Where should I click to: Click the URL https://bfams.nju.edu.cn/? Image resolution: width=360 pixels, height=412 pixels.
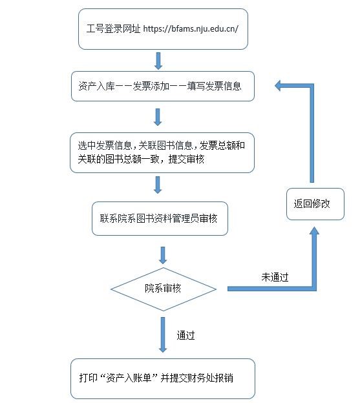[191, 28]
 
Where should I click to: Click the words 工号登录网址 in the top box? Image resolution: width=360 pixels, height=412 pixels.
[113, 28]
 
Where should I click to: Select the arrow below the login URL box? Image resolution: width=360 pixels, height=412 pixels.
[158, 61]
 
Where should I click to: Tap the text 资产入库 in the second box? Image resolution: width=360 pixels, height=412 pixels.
[96, 86]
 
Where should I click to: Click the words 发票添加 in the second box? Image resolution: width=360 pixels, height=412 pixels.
[151, 86]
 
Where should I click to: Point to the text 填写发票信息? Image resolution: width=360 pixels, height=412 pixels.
[214, 86]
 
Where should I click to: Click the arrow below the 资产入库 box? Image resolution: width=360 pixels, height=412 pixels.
[158, 117]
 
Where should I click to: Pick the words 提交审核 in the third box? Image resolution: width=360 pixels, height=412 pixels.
[186, 159]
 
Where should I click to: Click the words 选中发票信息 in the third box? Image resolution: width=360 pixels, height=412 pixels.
[105, 145]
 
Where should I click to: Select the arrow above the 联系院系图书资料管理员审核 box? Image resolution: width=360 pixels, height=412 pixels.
[158, 185]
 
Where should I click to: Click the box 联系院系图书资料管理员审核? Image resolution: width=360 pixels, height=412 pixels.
[160, 219]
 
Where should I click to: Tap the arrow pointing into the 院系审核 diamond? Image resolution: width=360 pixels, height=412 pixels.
[163, 255]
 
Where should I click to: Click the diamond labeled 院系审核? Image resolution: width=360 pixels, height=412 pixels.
[164, 289]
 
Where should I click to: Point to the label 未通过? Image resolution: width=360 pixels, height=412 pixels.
[275, 277]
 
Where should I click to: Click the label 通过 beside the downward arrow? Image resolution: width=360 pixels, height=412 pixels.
[185, 336]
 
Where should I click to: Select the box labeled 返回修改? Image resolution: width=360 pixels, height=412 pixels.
[315, 204]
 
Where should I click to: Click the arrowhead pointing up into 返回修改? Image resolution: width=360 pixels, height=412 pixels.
[314, 231]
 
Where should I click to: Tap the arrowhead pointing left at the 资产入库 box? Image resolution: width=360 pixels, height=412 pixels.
[278, 86]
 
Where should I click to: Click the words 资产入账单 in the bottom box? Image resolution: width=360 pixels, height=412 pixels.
[129, 378]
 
